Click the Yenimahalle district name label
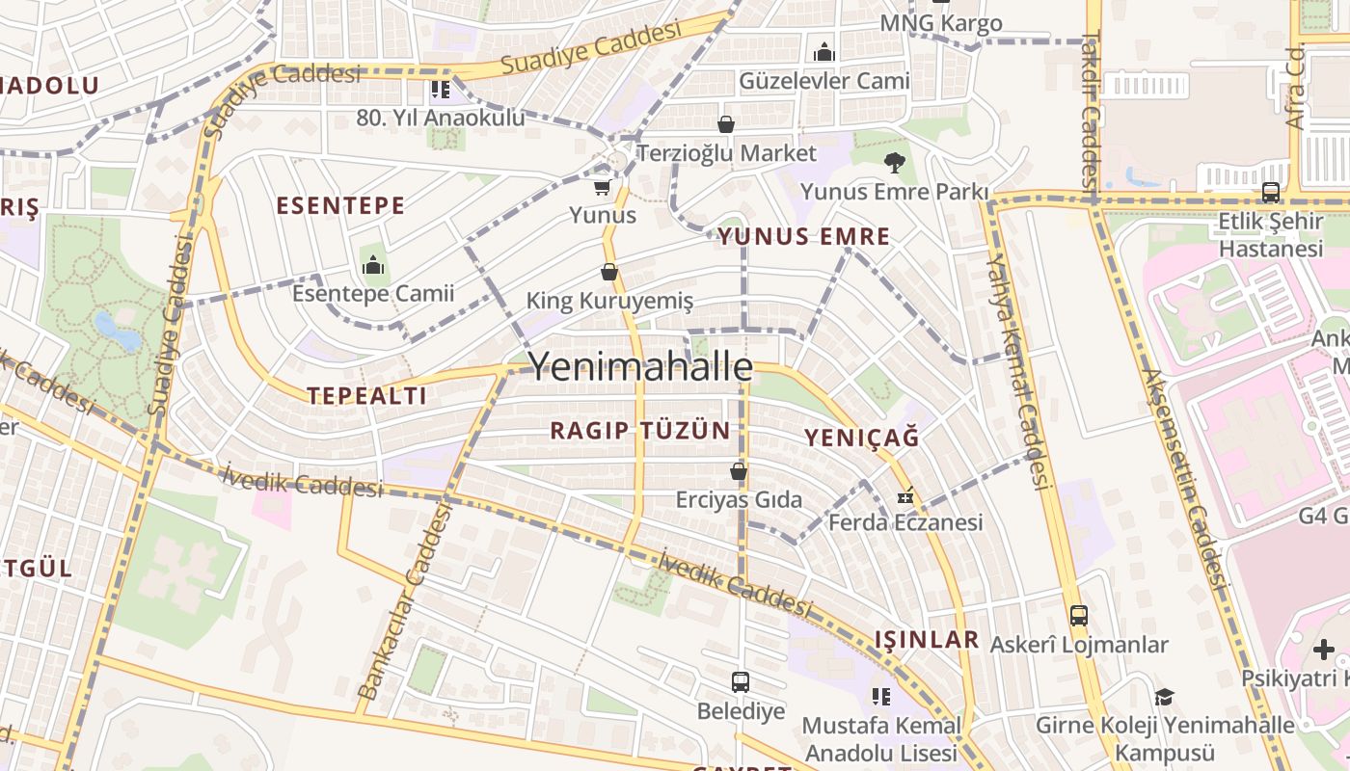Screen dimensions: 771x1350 641,367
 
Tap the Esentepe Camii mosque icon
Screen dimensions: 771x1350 373,263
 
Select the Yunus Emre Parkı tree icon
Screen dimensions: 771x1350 895,162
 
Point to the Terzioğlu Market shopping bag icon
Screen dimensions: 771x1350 726,124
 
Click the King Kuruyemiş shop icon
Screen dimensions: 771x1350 609,272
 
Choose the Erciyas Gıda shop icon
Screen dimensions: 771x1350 739,471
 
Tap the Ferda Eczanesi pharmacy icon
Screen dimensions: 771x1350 905,495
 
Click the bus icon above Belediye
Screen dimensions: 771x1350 741,682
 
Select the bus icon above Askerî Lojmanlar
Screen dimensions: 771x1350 1079,615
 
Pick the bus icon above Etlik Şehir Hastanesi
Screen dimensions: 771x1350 1271,192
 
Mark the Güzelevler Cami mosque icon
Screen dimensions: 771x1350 824,52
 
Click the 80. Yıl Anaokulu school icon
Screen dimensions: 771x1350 441,90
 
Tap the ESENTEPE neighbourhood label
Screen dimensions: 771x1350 340,205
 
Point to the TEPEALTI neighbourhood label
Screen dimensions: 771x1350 366,395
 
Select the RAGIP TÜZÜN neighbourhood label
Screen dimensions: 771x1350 640,431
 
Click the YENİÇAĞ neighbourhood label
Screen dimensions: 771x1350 861,438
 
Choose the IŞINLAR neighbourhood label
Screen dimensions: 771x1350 927,639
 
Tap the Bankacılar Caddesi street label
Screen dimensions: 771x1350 406,602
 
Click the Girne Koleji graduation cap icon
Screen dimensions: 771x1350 1165,696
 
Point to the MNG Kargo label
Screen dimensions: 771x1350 941,23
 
